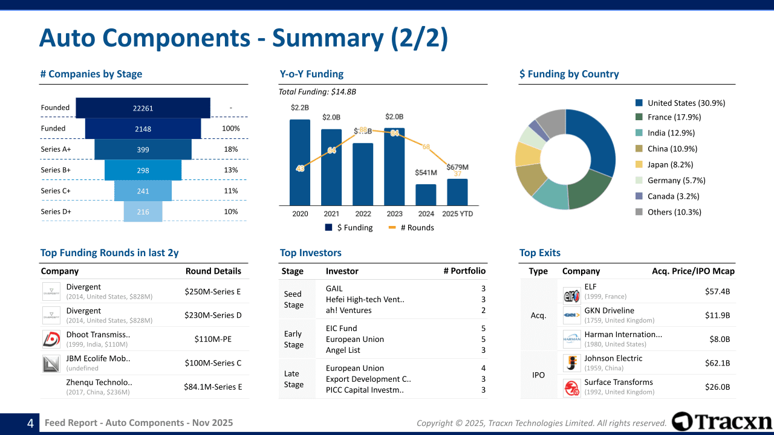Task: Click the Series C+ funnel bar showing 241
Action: pyautogui.click(x=143, y=191)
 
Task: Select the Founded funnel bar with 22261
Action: pyautogui.click(x=143, y=108)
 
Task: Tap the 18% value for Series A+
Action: pyautogui.click(x=230, y=149)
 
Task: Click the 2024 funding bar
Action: pyautogui.click(x=426, y=195)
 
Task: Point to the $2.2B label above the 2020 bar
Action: pyautogui.click(x=300, y=108)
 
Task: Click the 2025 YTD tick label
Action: pyautogui.click(x=457, y=214)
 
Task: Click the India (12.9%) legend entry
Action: pyautogui.click(x=671, y=133)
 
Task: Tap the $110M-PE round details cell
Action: pyautogui.click(x=213, y=339)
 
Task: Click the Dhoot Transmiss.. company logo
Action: pyautogui.click(x=51, y=339)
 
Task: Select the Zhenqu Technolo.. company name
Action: pyautogui.click(x=99, y=382)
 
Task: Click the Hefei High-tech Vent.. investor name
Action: pyautogui.click(x=365, y=300)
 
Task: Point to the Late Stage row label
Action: pyautogui.click(x=294, y=379)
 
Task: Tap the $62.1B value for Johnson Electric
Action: pyautogui.click(x=717, y=363)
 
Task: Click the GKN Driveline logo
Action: pyautogui.click(x=571, y=315)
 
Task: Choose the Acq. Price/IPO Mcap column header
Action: pyautogui.click(x=693, y=271)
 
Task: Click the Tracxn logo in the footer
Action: pyautogui.click(x=722, y=422)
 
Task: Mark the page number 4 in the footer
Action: pyautogui.click(x=30, y=424)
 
